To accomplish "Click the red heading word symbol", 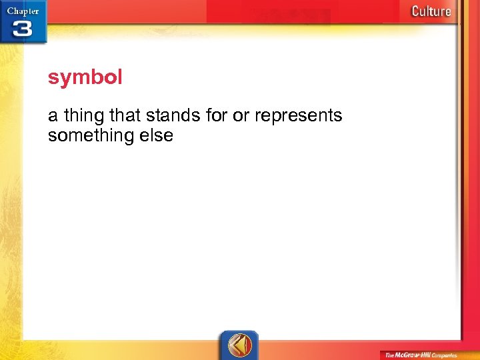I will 85,78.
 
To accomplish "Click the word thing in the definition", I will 83,116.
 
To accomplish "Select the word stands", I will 173,116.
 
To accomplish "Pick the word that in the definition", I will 125,116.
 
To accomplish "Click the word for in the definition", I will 217,116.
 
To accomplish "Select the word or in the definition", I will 241,116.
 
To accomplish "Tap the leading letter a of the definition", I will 53,117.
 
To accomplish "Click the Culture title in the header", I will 431,11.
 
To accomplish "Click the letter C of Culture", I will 416,11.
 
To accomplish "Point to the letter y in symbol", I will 63,79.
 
